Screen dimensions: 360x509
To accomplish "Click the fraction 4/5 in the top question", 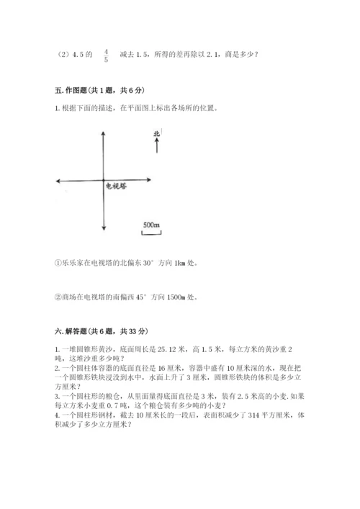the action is tap(106, 55).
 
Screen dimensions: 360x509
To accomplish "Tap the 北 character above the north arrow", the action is tap(157, 133).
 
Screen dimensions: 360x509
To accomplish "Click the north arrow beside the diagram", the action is tap(157, 145).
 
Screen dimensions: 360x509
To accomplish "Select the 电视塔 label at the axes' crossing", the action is tap(116, 186).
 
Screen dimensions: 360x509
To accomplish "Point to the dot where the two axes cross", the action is tap(104, 180).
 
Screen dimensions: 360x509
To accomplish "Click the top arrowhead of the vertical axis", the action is tap(104, 133).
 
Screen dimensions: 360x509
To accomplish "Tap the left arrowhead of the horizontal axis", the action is tap(58, 180).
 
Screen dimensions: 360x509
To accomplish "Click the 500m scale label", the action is tap(151, 225).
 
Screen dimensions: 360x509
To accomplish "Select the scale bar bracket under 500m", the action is tap(151, 232).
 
